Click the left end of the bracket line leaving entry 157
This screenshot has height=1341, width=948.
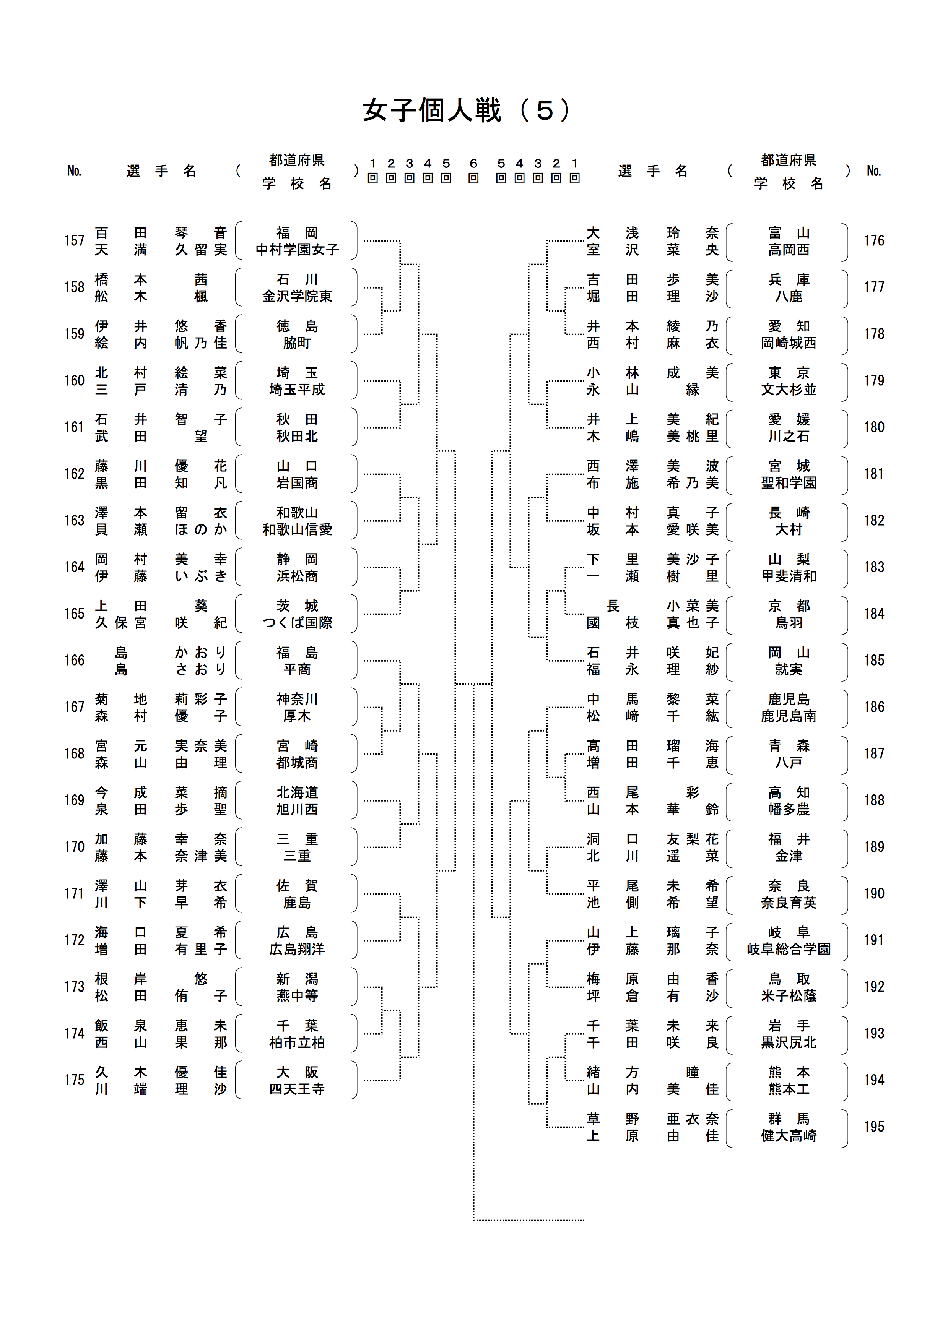click(x=364, y=240)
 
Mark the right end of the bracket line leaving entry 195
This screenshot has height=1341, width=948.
click(x=584, y=1127)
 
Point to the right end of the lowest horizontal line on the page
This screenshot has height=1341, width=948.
click(x=584, y=1220)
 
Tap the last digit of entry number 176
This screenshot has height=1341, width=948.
click(x=881, y=240)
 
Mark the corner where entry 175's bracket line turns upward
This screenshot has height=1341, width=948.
click(x=401, y=1080)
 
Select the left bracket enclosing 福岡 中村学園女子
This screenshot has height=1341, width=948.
click(x=238, y=240)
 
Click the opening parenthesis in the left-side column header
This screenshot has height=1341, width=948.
click(x=238, y=170)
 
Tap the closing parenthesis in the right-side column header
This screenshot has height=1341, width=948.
click(x=848, y=170)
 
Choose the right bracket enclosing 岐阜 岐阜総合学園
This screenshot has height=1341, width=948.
click(x=845, y=940)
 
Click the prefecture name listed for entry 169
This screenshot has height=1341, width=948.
click(x=297, y=792)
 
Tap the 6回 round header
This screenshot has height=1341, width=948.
click(x=474, y=170)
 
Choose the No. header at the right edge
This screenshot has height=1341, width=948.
click(x=874, y=170)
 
